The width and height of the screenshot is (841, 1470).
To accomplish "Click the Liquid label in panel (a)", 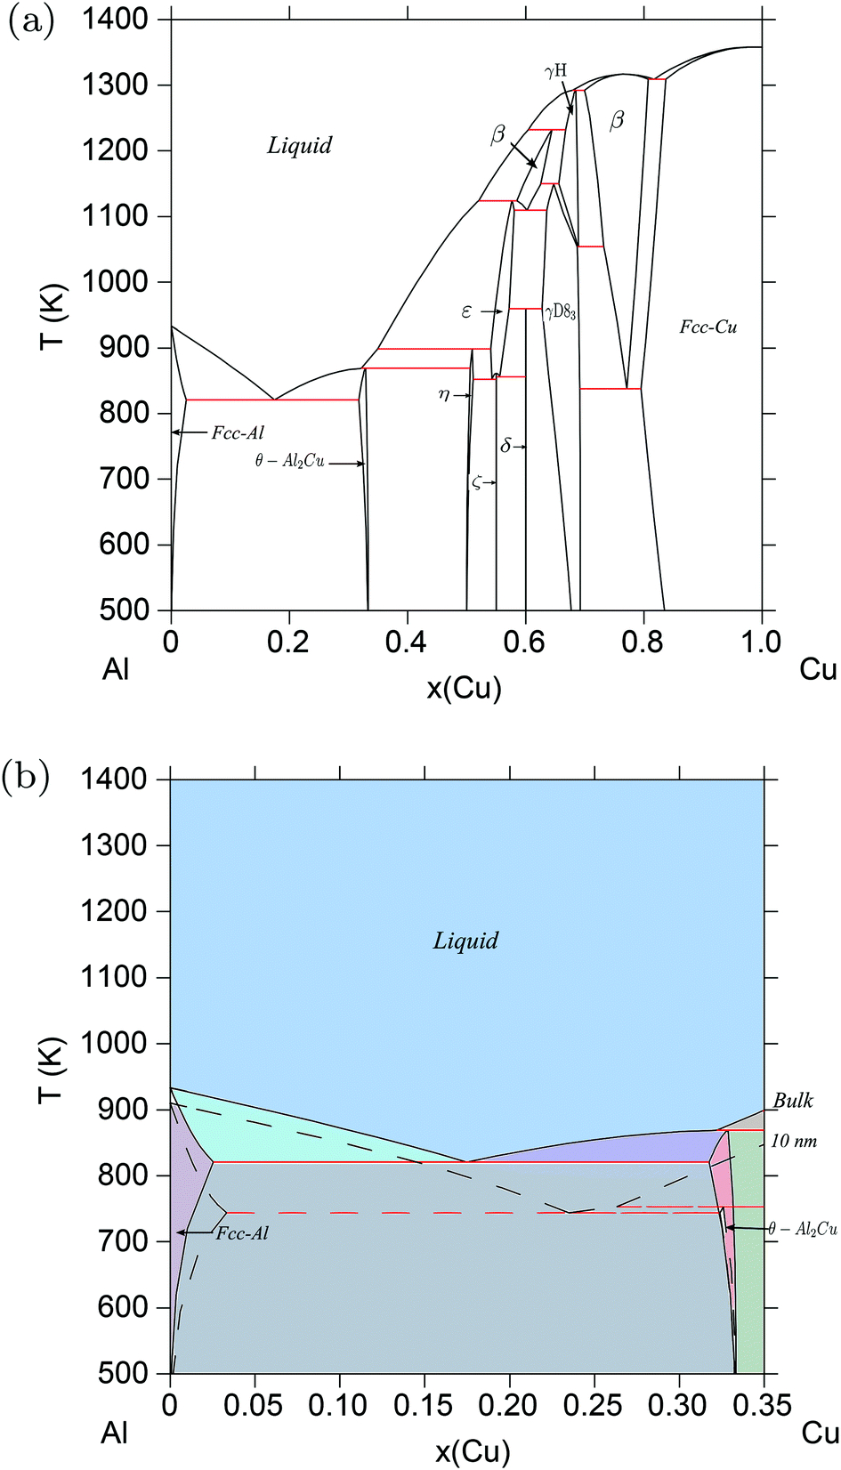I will point(299,146).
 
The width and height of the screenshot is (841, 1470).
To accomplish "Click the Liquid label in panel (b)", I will point(465,941).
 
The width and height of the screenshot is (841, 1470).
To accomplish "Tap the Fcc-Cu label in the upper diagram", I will point(708,327).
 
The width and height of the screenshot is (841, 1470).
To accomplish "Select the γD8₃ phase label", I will point(560,312).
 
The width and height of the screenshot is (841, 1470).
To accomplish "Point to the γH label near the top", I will point(556,71).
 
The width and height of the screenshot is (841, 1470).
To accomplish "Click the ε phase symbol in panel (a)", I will point(466,312).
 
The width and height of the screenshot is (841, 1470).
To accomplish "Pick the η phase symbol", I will point(444,395).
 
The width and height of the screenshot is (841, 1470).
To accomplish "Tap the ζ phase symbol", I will point(477,482).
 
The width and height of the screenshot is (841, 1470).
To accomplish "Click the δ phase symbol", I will point(505,446).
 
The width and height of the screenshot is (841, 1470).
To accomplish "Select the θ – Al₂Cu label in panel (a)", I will point(289,462).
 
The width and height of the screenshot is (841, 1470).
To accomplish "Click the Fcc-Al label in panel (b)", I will point(242,1233).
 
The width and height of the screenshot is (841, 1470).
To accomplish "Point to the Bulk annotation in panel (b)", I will point(792,1101).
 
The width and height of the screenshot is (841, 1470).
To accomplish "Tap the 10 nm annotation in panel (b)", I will point(793,1141).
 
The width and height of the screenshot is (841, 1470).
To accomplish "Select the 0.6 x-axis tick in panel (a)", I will point(524,642).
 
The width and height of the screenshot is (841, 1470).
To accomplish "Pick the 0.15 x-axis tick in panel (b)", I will point(424,1405).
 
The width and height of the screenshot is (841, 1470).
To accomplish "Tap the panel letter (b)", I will point(25,777).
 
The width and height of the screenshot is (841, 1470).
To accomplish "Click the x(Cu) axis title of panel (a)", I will point(464,688).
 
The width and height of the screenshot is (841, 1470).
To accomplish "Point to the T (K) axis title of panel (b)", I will point(51,1069).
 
